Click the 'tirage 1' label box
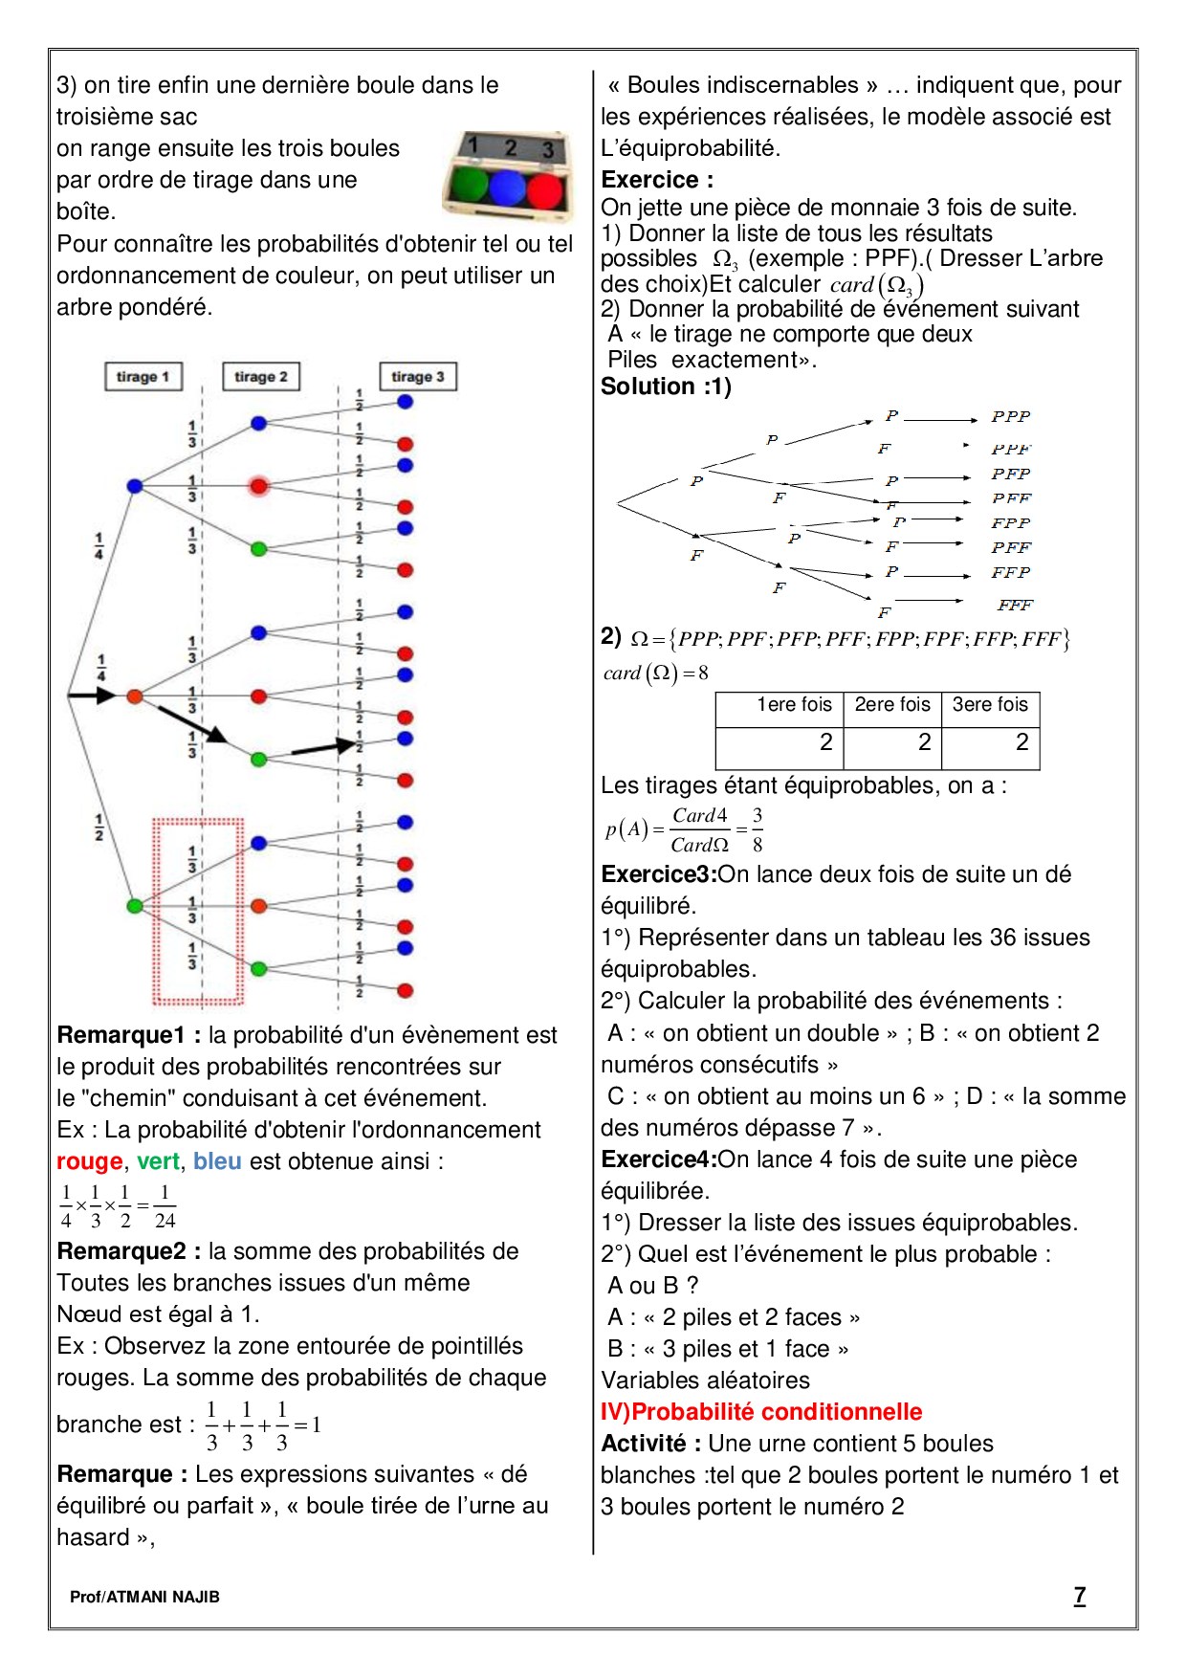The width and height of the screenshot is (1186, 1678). pos(143,377)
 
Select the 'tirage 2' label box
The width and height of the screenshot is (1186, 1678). pos(261,377)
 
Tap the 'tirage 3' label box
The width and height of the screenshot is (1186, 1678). pos(418,377)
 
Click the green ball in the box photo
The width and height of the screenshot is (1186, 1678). pos(470,186)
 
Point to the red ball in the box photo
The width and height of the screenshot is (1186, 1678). pos(544,189)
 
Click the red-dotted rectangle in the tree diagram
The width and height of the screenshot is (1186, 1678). pos(198,912)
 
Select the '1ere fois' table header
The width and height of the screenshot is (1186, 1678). pos(793,705)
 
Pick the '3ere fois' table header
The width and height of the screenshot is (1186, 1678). pos(990,705)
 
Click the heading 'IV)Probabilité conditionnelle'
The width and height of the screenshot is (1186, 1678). pos(761,1412)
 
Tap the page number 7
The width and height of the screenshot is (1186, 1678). pos(1079,1595)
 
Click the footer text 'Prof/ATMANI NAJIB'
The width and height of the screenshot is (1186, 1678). pos(144,1597)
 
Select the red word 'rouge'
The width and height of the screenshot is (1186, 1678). pos(90,1161)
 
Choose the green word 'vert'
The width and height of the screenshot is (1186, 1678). pos(158,1161)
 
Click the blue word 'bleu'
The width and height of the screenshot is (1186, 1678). pos(217,1161)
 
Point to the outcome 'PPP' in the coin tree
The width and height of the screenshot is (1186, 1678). pos(1011,416)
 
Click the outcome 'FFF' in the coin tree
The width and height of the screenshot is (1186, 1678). pos(1015,605)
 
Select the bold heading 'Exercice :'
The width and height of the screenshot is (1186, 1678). pos(657,180)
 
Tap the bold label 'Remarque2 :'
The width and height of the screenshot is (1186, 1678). pos(129,1251)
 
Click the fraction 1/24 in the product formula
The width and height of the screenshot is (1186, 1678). pos(165,1206)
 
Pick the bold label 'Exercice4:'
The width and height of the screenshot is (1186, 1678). pos(659,1159)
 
